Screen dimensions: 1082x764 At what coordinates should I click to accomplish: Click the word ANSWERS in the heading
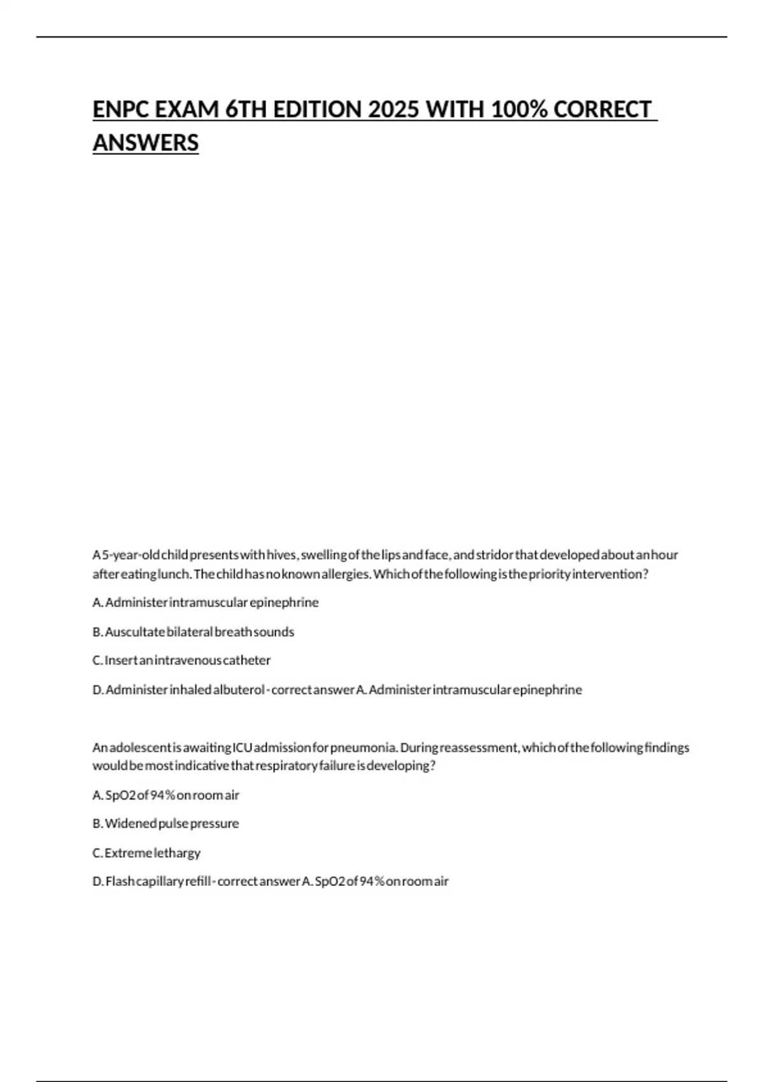pos(146,143)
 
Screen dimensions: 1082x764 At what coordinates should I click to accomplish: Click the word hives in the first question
pos(281,555)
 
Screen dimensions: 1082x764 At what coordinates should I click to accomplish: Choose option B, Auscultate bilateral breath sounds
pos(194,632)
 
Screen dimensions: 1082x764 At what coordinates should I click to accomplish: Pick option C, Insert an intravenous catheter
pos(181,661)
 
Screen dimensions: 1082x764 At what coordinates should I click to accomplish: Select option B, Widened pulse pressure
pos(166,824)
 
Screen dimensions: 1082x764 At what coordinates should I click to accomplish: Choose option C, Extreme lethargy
pos(146,853)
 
